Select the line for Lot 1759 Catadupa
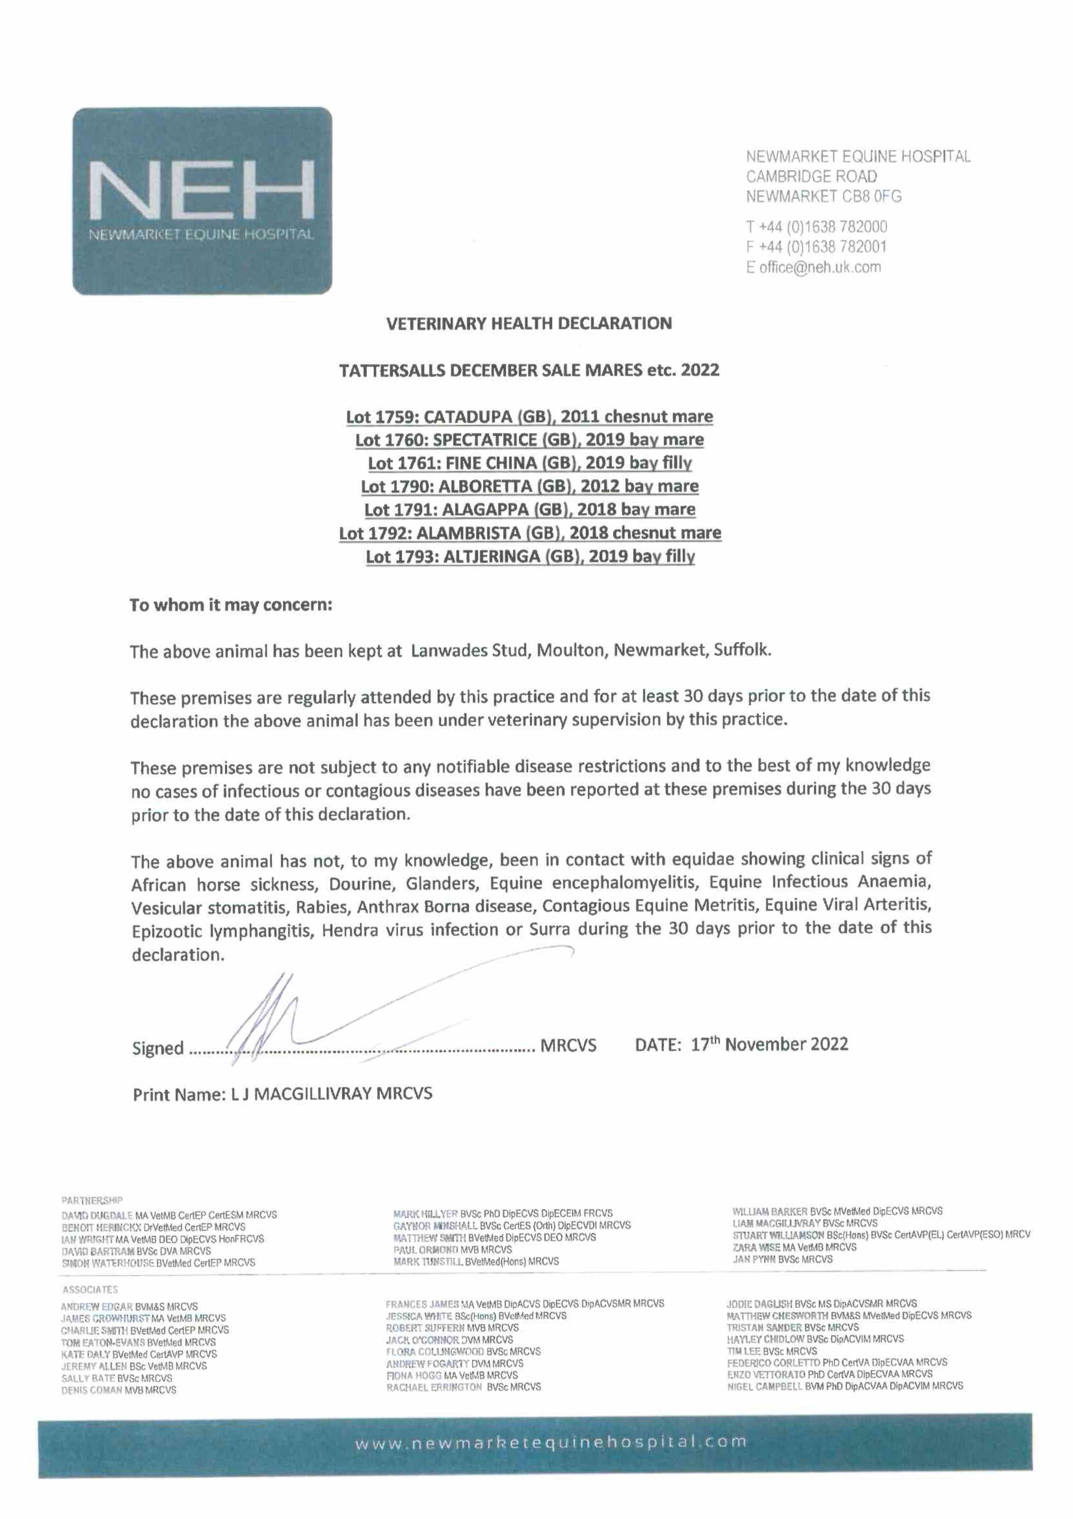pyautogui.click(x=529, y=417)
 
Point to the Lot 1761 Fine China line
pyautogui.click(x=529, y=463)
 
